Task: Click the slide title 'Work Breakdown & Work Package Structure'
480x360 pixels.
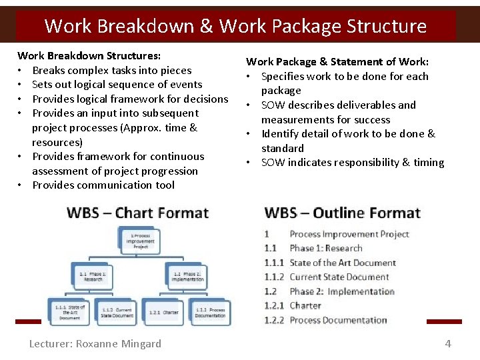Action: click(x=235, y=26)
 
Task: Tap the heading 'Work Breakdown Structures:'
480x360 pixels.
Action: click(x=89, y=55)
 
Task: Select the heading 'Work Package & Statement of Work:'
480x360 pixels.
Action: click(x=337, y=61)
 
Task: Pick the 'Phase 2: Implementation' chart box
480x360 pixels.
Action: click(x=187, y=275)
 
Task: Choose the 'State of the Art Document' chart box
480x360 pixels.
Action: click(x=70, y=311)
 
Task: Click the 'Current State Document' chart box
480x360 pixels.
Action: click(x=117, y=311)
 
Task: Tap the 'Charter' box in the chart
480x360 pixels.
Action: click(x=163, y=311)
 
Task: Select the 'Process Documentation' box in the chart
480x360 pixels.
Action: click(x=209, y=311)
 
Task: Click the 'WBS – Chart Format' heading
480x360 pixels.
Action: click(x=137, y=213)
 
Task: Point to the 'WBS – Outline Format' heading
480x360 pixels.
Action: click(x=342, y=213)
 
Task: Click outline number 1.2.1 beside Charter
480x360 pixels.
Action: click(x=273, y=305)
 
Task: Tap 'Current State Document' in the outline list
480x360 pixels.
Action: click(x=339, y=277)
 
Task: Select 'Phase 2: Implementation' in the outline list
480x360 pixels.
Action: click(x=342, y=291)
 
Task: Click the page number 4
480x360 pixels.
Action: click(x=448, y=344)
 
